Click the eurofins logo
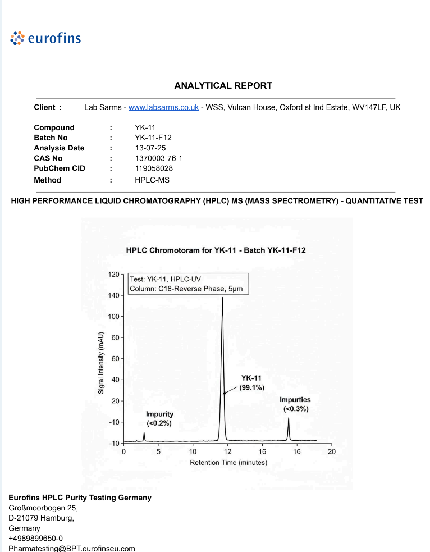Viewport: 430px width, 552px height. [46, 38]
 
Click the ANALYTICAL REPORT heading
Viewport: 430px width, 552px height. [223, 86]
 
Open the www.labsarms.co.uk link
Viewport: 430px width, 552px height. [163, 107]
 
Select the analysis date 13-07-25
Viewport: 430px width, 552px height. [150, 148]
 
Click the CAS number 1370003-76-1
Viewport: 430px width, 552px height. [159, 158]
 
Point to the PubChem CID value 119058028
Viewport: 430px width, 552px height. [154, 168]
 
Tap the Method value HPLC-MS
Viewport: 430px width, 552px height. [152, 180]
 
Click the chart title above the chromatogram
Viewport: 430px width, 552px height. [216, 250]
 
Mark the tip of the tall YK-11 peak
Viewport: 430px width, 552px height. [222, 298]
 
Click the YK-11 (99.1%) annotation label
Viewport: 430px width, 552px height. [251, 382]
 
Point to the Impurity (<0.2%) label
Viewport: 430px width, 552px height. [159, 418]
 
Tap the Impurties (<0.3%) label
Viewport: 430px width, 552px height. [295, 404]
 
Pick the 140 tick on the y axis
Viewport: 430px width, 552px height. [114, 295]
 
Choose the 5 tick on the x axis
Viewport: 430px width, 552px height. [158, 451]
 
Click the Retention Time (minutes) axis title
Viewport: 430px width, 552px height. [228, 463]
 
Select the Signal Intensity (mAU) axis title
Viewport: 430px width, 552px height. [101, 362]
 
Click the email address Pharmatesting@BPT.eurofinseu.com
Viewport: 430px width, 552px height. [72, 548]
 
